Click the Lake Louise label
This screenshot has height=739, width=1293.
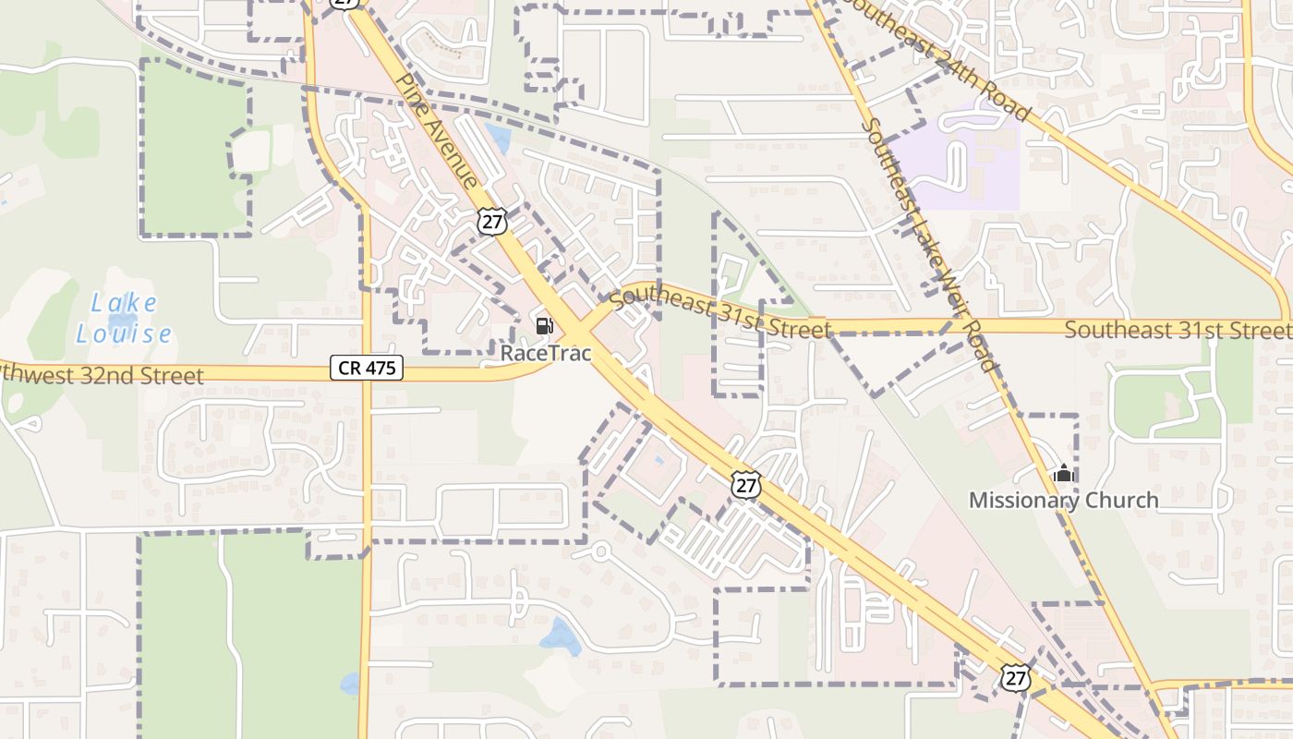pos(124,318)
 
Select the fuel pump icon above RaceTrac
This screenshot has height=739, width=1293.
pos(545,325)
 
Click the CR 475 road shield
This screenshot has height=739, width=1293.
pos(367,369)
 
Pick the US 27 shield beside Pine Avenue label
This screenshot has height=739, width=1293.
pos(492,221)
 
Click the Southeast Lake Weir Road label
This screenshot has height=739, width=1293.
pos(931,245)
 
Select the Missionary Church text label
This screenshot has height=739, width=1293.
pos(1063,501)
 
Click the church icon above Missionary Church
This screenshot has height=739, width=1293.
pos(1064,475)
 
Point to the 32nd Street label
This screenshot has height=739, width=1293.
pos(102,374)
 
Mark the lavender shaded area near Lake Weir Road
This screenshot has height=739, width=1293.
pos(961,166)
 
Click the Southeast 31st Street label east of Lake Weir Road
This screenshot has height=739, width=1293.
pos(1178,330)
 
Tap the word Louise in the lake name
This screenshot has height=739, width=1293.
pos(124,333)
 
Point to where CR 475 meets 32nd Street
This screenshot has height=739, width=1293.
pos(367,374)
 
